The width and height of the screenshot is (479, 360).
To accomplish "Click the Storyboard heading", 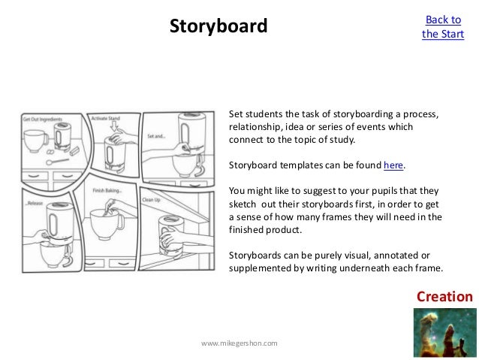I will click(218, 27).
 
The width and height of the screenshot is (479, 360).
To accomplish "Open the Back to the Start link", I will click(443, 27).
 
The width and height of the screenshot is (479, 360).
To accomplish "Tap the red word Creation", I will click(445, 297).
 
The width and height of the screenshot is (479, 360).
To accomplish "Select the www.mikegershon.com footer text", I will click(239, 343).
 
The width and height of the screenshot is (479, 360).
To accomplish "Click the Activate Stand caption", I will click(105, 119).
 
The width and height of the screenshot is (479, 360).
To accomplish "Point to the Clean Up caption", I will click(152, 200).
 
